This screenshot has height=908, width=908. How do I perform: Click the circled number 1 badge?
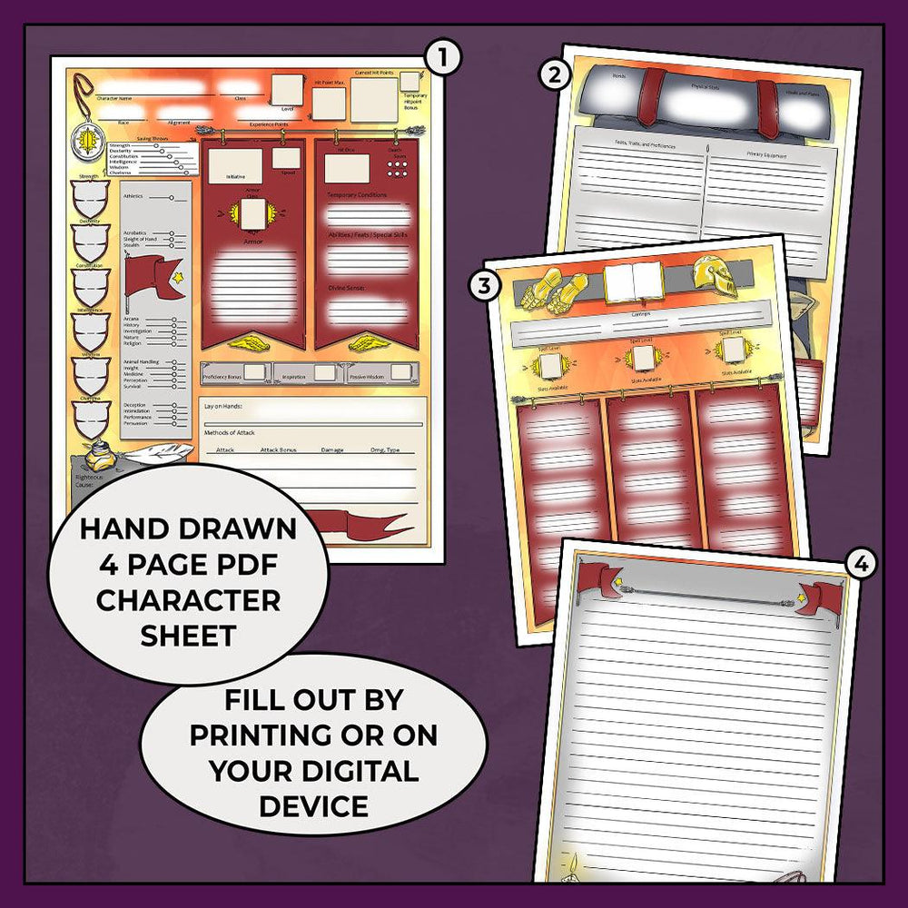442,58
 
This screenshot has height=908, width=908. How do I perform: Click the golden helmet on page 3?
714,275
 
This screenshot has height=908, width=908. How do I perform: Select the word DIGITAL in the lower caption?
363,772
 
